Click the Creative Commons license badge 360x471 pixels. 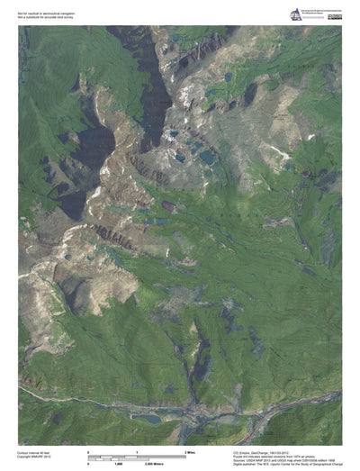click(334, 11)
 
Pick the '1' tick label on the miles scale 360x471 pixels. click(137, 450)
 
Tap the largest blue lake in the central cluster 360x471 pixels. click(207, 157)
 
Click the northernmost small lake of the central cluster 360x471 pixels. click(173, 134)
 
